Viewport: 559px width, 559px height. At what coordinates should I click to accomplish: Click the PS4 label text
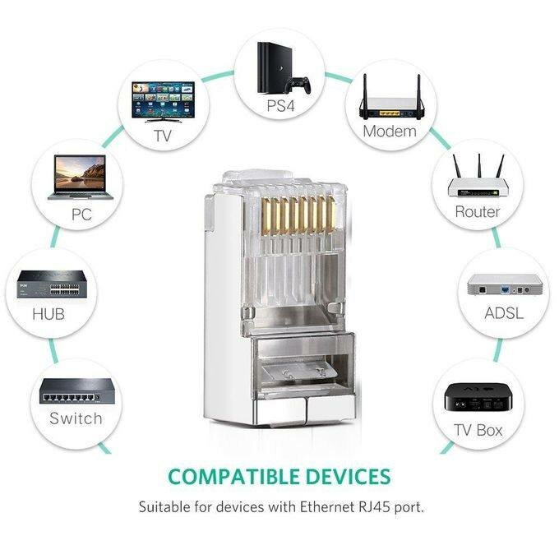point(279,106)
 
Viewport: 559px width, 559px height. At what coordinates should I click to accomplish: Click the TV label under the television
point(164,136)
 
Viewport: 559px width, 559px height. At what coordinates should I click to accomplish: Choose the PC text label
point(81,215)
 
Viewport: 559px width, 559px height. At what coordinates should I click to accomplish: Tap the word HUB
point(48,315)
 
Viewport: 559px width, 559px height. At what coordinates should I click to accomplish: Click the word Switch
point(76,418)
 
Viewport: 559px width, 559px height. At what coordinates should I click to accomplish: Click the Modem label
point(390,132)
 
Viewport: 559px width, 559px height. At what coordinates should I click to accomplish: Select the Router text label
point(478,212)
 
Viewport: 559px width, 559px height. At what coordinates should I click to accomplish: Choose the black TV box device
point(479,400)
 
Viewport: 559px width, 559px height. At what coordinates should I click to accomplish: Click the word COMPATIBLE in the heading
point(227,477)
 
